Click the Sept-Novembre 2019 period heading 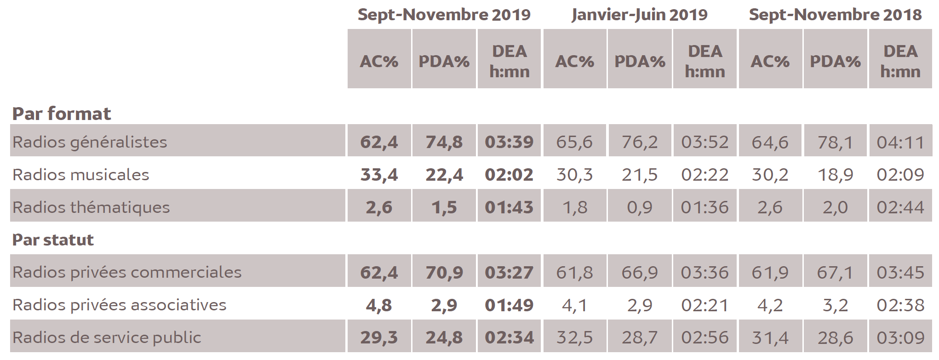point(444,15)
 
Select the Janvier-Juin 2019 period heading point(639,15)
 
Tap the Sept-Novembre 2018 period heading point(835,15)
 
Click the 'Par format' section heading point(62,114)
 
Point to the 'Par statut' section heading point(53,240)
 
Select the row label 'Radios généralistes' point(90,142)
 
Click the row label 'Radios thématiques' point(91,207)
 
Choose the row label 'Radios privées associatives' point(120,305)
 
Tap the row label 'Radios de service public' point(107,337)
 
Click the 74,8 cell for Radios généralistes point(444,142)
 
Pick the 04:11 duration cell point(900,142)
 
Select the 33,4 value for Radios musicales point(379,175)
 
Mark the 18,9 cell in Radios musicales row point(835,175)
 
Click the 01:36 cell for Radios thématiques point(704,207)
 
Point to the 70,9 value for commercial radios point(444,272)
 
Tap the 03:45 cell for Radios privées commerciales point(900,272)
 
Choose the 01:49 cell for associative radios point(509,305)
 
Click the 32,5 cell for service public point(574,337)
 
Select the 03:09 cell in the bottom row point(900,337)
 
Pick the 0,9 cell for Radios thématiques point(640,207)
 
